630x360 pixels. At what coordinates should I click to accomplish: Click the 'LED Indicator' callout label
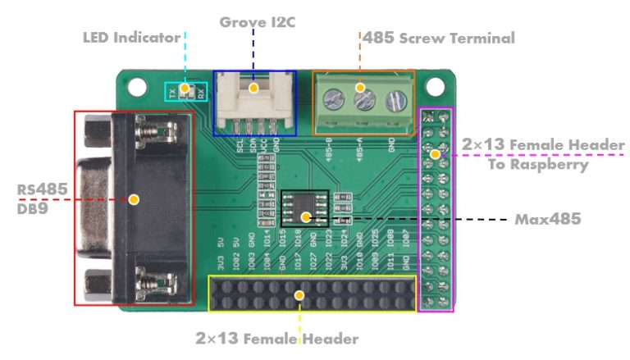pos(131,37)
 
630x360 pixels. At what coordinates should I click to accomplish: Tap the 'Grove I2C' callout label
pos(257,21)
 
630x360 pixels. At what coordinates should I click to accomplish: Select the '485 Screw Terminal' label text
pos(438,38)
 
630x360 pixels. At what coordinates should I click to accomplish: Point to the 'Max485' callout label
pos(548,220)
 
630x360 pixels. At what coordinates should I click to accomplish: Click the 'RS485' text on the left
pos(42,190)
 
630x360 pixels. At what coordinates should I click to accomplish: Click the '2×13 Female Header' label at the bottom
pos(277,338)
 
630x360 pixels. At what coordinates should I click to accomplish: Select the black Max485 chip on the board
pos(304,208)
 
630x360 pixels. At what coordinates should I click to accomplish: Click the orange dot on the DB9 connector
pos(134,199)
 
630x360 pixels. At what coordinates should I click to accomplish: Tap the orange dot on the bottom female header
pos(300,294)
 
